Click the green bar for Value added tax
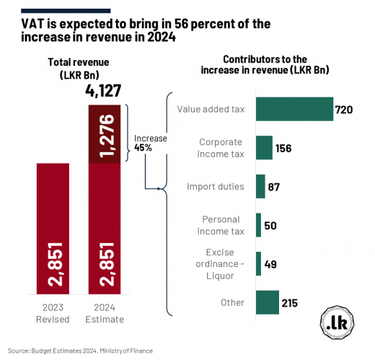click(x=294, y=110)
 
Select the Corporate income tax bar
click(x=264, y=148)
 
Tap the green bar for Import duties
click(x=260, y=186)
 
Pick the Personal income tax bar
click(x=258, y=225)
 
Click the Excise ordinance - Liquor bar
click(x=258, y=263)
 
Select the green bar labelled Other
click(x=267, y=302)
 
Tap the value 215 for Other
click(x=291, y=303)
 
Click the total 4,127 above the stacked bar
click(x=104, y=91)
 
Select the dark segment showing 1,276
click(x=104, y=133)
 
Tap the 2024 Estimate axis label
click(x=104, y=313)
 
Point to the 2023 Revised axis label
click(x=53, y=313)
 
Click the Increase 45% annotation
click(x=149, y=141)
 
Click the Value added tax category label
click(x=210, y=110)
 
